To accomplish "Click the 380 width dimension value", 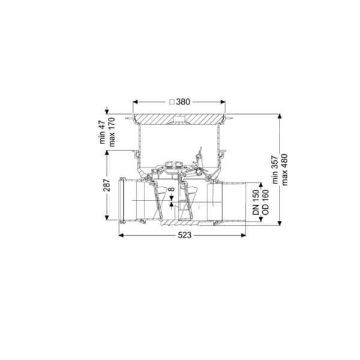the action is point(183,102).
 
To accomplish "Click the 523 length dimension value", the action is point(185,235).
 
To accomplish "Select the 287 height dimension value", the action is point(107,185).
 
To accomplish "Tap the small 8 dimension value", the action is point(172,190).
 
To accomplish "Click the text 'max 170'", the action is point(112,132).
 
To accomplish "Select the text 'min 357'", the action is point(275,170).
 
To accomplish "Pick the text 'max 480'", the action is point(284,170).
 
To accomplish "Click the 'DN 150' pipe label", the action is point(256,202).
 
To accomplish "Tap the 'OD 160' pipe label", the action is point(265,202).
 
